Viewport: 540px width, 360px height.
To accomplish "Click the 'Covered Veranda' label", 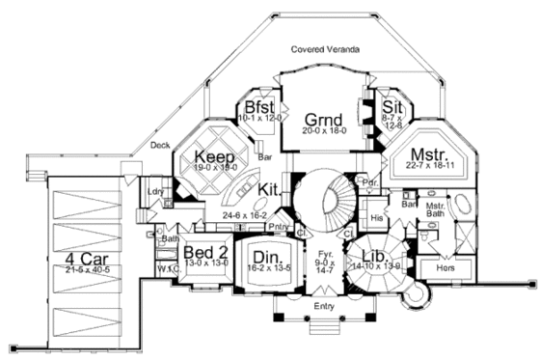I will coord(326,48).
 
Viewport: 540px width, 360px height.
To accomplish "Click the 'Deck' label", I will coord(161,146).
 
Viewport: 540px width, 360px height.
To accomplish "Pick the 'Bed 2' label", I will coord(203,251).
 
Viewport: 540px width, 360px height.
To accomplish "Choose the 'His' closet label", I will coord(378,219).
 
